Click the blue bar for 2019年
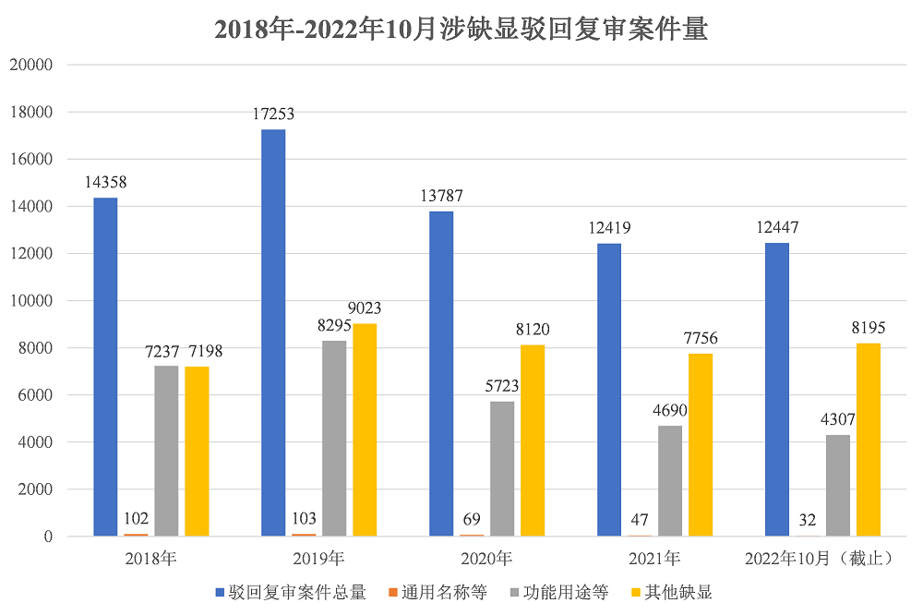coord(273,332)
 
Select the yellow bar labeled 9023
coord(365,429)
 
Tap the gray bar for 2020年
coord(502,468)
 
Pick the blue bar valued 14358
coord(105,367)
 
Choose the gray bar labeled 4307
coord(838,485)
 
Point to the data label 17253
coord(273,115)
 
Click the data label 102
coord(136,518)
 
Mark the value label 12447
coord(777,228)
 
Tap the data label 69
coord(472,518)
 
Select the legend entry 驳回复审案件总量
coord(290,592)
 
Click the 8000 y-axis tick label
coord(40,348)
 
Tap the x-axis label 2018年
coord(150,559)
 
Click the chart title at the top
coord(461,30)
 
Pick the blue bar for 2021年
coord(609,390)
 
